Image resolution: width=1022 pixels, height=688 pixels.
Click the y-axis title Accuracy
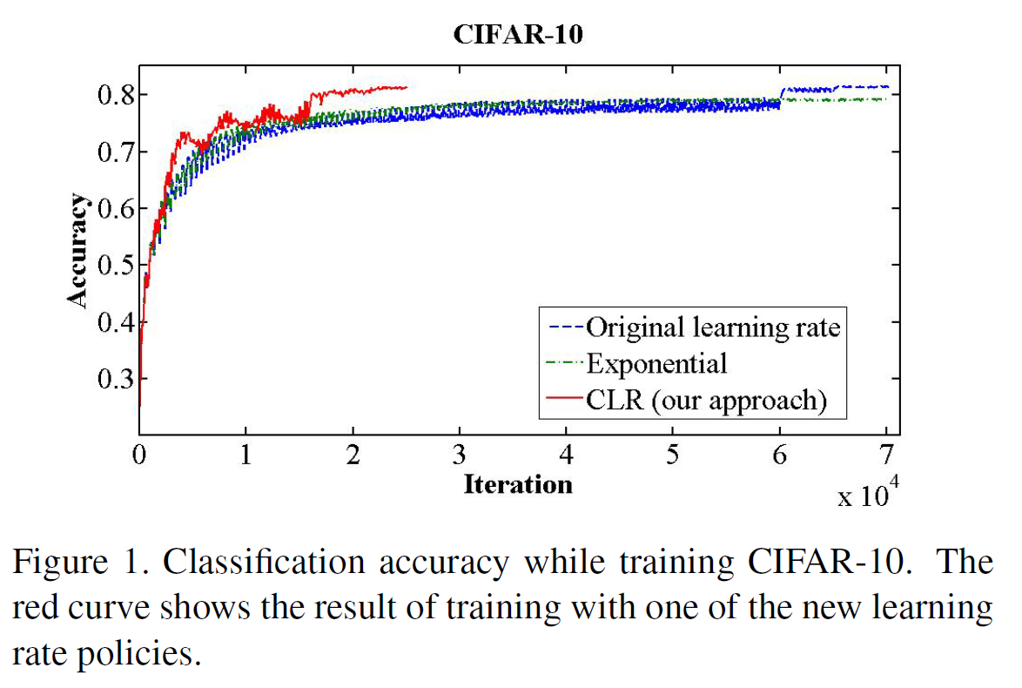pyautogui.click(x=78, y=250)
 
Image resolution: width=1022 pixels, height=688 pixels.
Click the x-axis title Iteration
pyautogui.click(x=518, y=483)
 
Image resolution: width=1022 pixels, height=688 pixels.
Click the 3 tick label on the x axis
pyautogui.click(x=459, y=455)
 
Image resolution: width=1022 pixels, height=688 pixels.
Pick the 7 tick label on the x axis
pyautogui.click(x=886, y=455)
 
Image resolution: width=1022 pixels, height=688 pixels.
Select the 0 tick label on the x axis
pyautogui.click(x=139, y=455)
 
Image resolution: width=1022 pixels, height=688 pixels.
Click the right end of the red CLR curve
pyautogui.click(x=406, y=87)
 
